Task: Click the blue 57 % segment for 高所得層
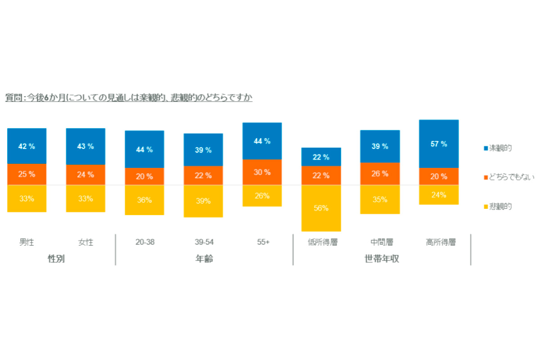pos(439,144)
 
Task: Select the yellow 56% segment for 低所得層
pos(321,208)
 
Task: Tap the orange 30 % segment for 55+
pos(262,172)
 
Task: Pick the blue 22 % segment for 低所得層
pos(321,157)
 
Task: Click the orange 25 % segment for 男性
pos(27,174)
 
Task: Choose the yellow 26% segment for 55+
pos(262,196)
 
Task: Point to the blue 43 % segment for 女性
pos(85,147)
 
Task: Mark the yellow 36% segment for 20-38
pos(144,200)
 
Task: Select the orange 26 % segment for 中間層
pos(380,174)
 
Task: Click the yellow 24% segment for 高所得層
pos(439,195)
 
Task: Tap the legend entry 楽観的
pos(500,148)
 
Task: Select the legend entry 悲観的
pos(500,207)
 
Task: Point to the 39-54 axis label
pos(204,242)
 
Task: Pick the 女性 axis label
pos(85,242)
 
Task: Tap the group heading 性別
pos(56,259)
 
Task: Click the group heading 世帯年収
pos(382,259)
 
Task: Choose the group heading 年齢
pos(204,259)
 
